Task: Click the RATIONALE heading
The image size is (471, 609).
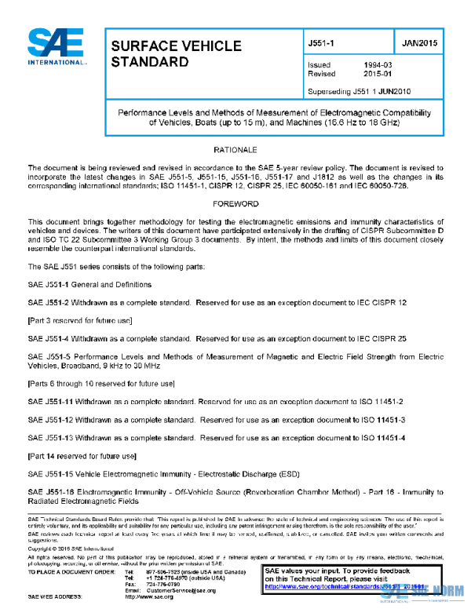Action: [x=235, y=149]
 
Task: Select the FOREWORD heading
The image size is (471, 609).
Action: [x=235, y=203]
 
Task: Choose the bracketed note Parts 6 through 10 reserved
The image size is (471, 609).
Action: [x=100, y=383]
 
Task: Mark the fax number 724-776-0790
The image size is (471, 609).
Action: [x=163, y=584]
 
